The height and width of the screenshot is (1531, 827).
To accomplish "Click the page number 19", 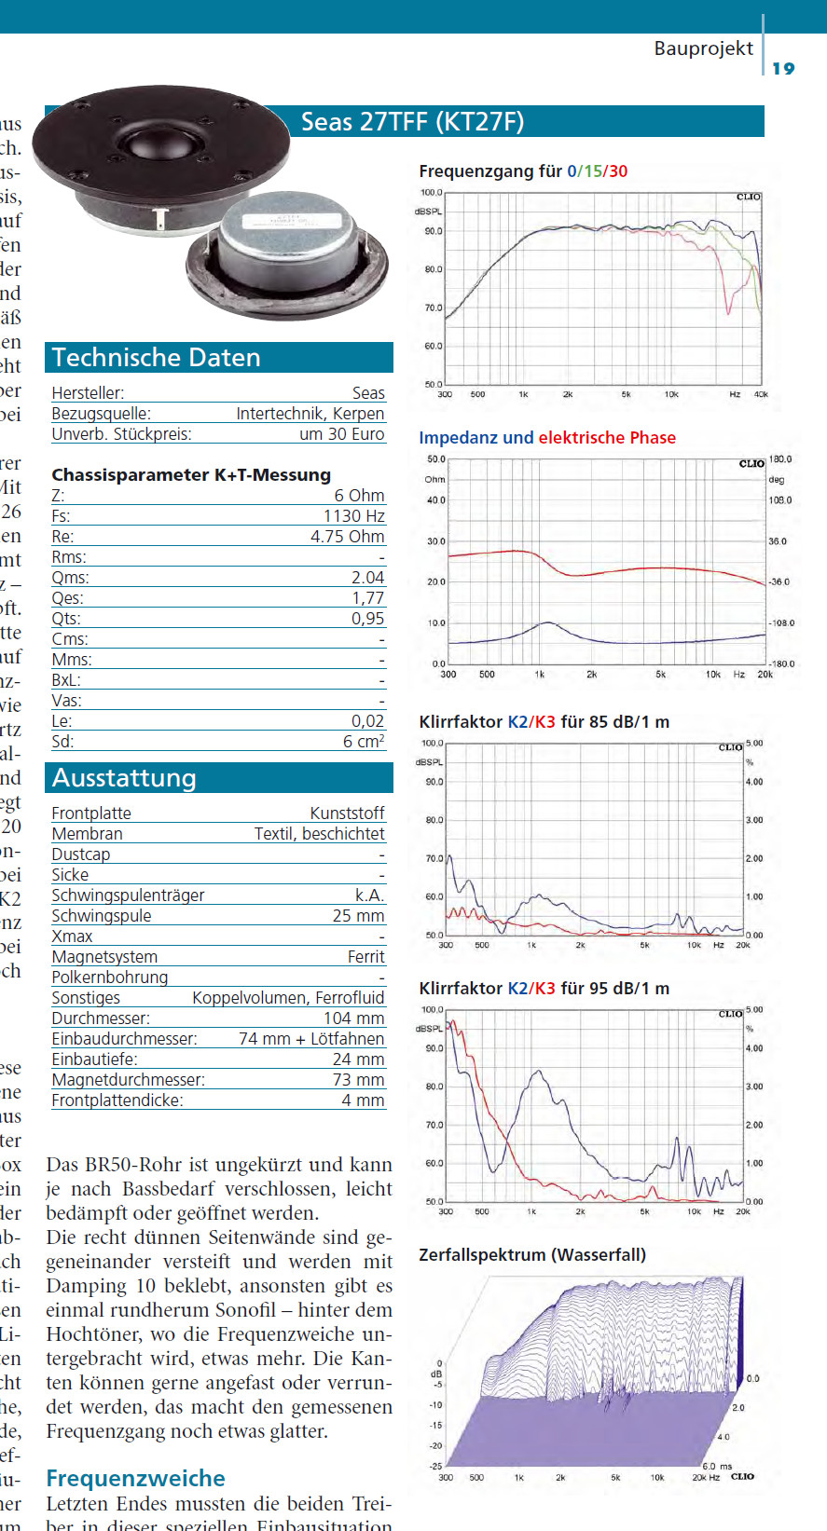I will [783, 68].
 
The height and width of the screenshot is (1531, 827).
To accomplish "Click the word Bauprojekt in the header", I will [703, 48].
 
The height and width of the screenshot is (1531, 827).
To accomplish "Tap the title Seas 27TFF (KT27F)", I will [412, 122].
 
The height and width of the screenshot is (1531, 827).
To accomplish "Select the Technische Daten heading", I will [157, 358].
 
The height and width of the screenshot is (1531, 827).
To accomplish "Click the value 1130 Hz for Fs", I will [353, 516].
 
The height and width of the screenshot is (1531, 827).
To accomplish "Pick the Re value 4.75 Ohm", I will [347, 537].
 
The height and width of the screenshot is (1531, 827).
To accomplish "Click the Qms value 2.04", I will [367, 578].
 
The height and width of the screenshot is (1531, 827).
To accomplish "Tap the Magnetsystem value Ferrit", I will [365, 957].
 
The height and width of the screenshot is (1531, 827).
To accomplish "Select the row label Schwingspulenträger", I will [128, 895].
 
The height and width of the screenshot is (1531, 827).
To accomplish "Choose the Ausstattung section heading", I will [124, 778].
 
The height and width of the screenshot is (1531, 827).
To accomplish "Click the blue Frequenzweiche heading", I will [135, 1479].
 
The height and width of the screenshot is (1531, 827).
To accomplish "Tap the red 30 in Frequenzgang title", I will [618, 171].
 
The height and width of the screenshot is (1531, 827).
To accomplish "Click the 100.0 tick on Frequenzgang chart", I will [431, 193].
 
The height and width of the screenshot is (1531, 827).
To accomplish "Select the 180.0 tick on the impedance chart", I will [780, 459].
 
